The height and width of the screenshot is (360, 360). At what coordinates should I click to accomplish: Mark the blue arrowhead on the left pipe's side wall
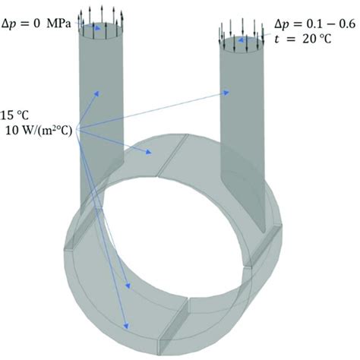coord(97,92)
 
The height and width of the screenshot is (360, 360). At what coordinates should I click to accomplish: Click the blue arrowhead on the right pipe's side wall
coord(228,93)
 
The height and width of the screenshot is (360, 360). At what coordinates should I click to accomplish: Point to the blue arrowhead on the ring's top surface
coord(151,153)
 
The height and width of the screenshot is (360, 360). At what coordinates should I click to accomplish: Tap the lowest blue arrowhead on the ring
coord(126,327)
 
